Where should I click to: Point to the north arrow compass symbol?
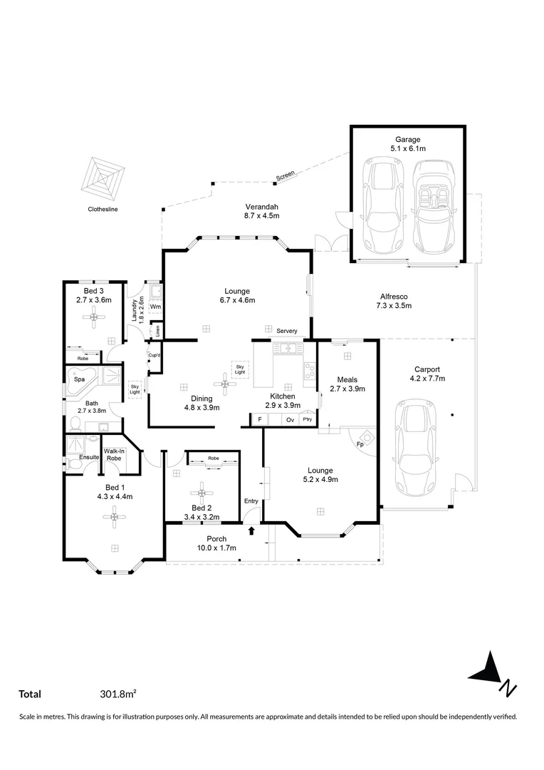[x=492, y=672]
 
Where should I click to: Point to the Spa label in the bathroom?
[x=79, y=380]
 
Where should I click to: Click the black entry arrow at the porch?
[x=251, y=530]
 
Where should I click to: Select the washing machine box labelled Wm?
[x=156, y=307]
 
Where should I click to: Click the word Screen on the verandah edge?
[x=285, y=175]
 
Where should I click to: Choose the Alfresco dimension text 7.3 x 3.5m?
[x=394, y=305]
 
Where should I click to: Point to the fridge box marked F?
[x=260, y=420]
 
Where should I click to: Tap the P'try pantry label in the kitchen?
[x=308, y=420]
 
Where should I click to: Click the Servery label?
[x=287, y=331]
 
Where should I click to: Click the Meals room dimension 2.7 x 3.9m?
[x=347, y=389]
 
